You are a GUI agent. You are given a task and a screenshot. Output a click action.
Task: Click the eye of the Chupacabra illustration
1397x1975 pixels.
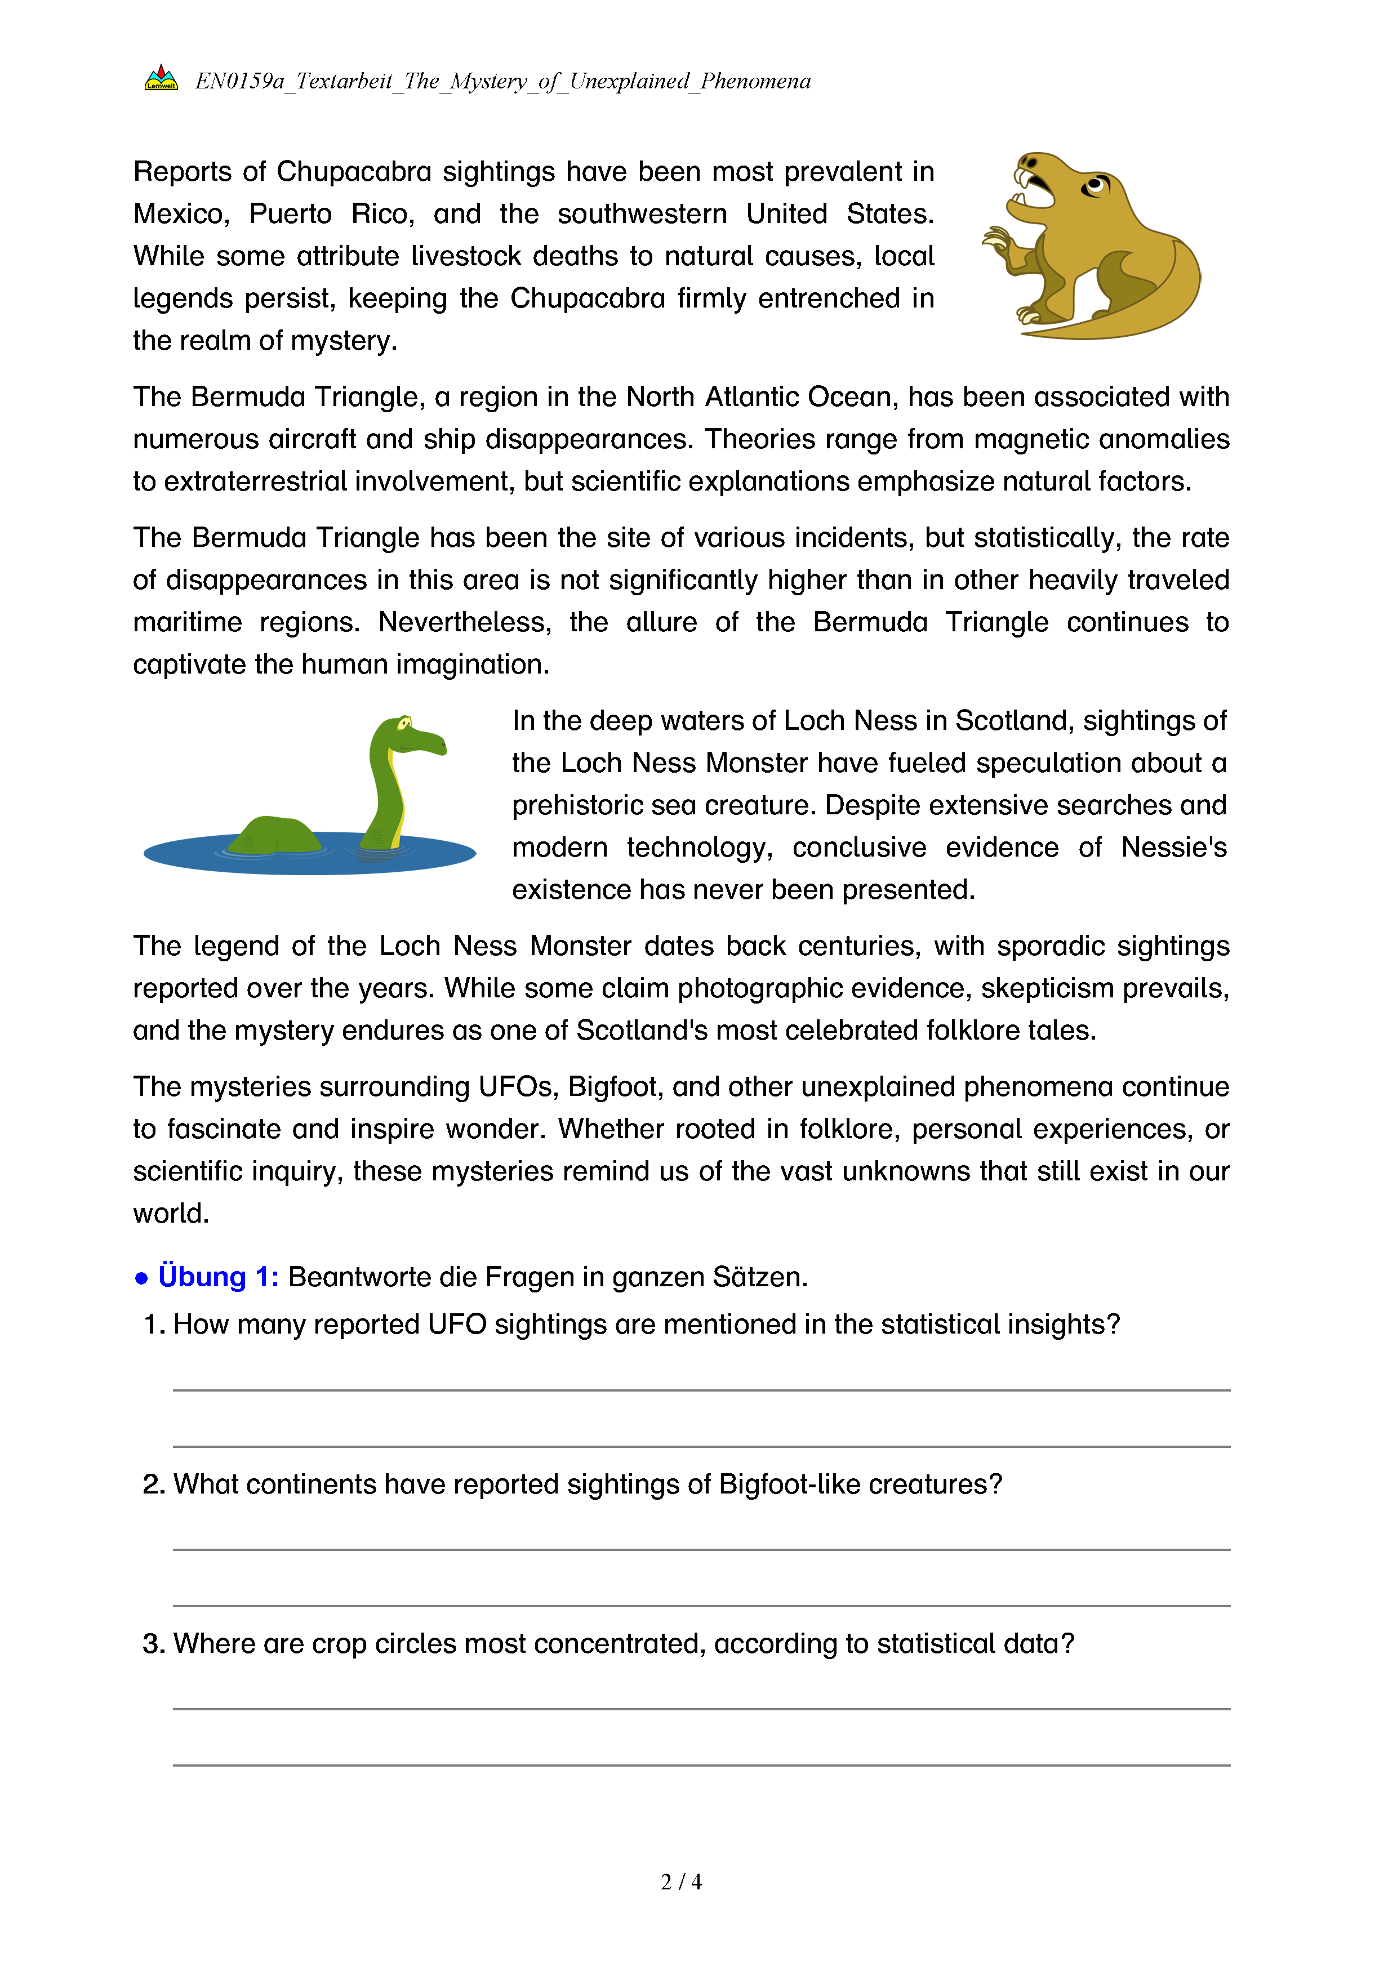(1095, 184)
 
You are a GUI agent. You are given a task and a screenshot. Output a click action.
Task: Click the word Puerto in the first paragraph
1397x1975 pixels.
(290, 214)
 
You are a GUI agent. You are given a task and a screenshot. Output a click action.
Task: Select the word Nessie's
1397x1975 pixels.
(1173, 848)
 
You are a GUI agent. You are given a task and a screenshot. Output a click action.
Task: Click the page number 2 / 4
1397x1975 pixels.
(680, 1882)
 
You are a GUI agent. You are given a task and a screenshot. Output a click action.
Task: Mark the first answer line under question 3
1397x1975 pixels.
(701, 1708)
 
